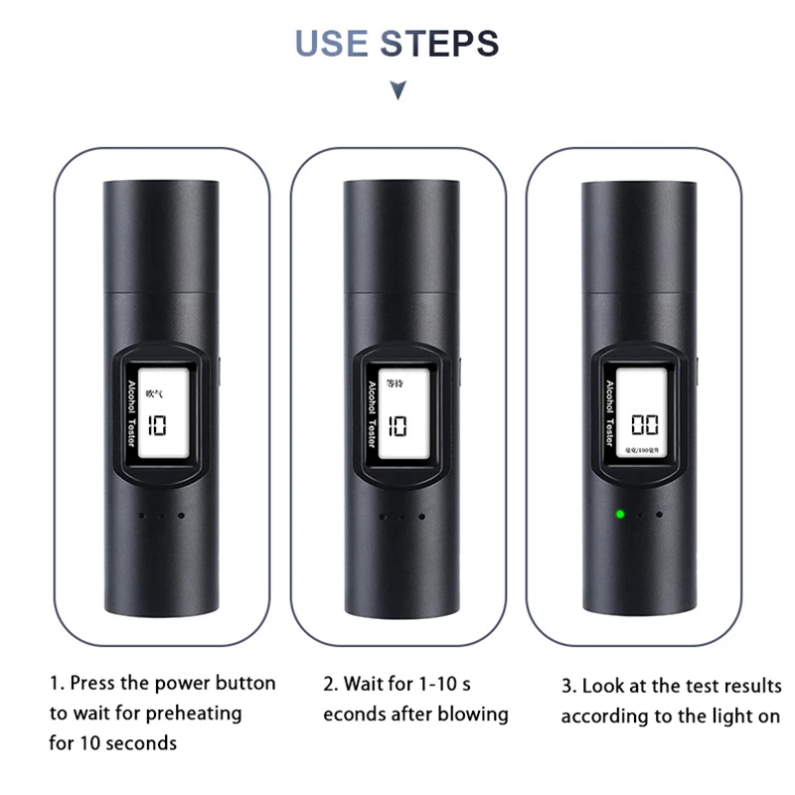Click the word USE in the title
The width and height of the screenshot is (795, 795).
coord(333,44)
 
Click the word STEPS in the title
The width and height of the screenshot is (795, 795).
coord(439,44)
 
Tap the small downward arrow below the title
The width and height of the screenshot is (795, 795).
coord(397,91)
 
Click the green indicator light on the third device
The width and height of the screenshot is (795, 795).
coord(618,515)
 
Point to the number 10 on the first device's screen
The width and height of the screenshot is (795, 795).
coord(157,426)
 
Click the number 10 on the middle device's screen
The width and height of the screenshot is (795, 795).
coord(397,426)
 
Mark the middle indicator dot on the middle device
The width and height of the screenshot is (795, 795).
coord(401,516)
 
